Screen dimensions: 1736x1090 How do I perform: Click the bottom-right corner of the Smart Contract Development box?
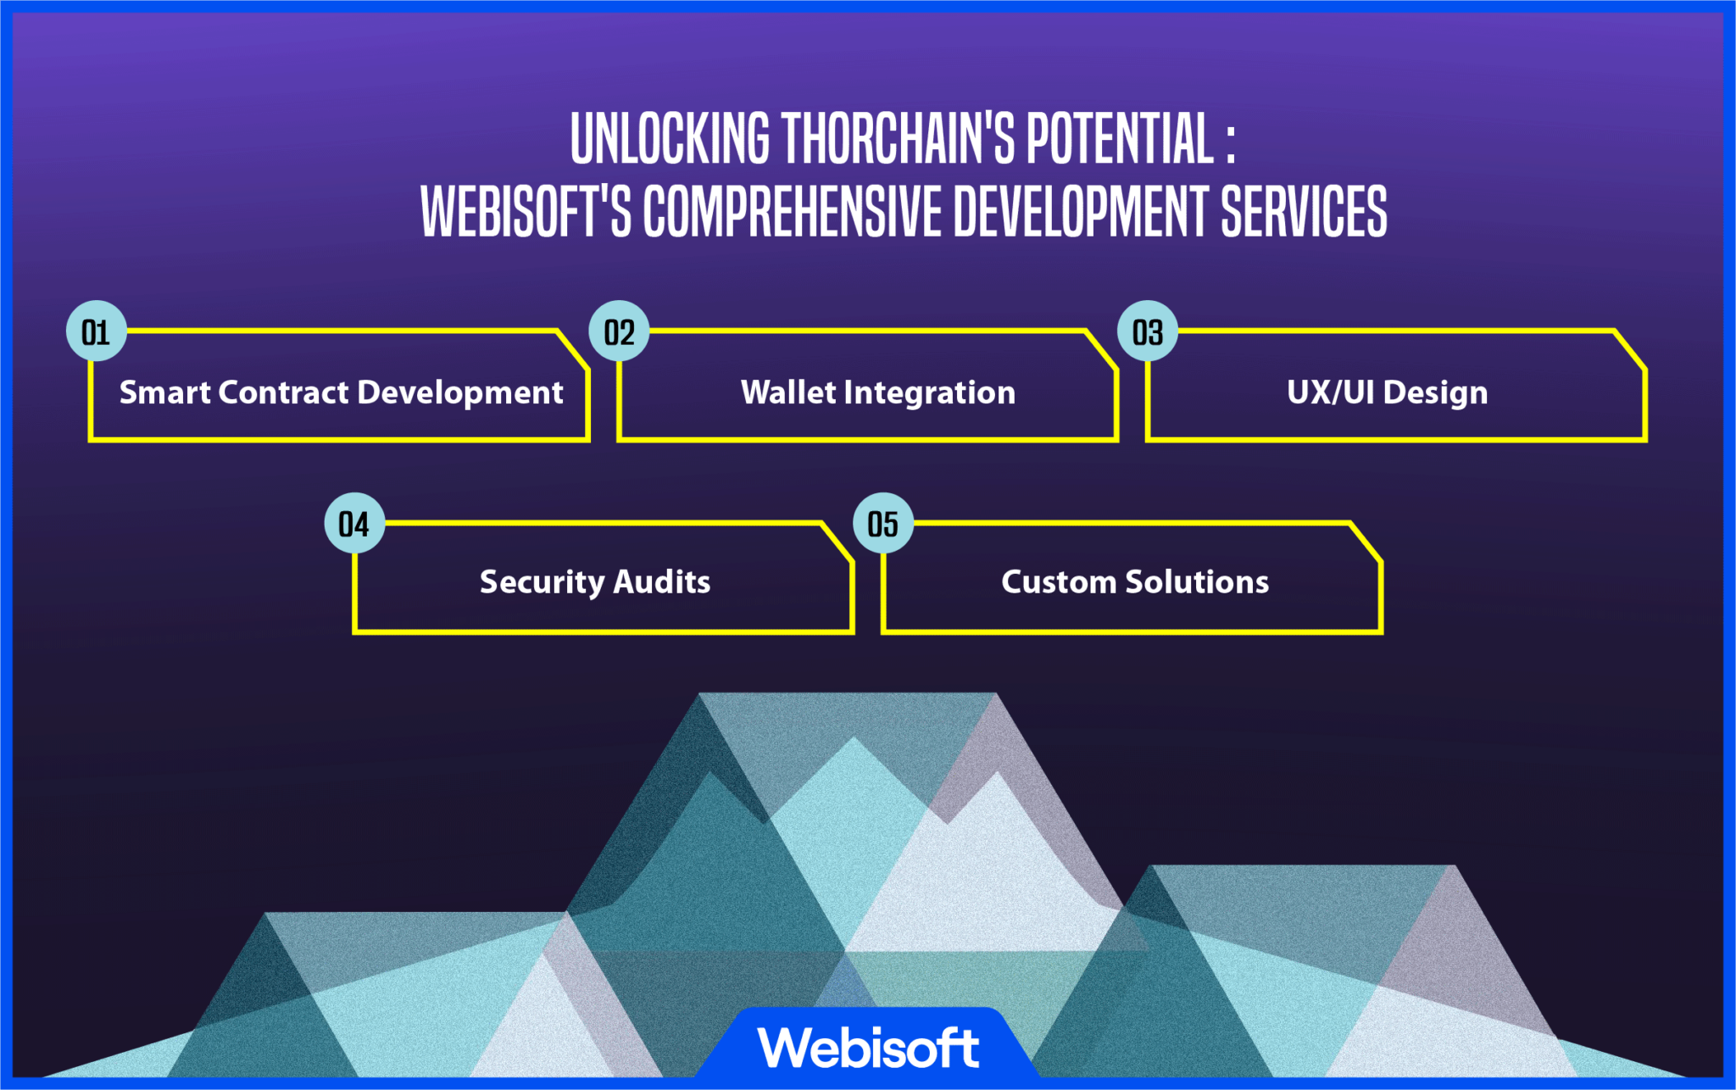pos(588,439)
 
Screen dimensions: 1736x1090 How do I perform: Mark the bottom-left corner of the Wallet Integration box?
pos(620,439)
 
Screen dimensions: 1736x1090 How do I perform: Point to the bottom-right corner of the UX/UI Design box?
pos(1644,439)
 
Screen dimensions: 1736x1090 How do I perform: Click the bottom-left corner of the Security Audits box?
pos(355,631)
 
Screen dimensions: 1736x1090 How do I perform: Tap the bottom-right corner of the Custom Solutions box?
pos(1381,631)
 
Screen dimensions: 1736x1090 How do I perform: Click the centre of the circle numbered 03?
pos(1148,331)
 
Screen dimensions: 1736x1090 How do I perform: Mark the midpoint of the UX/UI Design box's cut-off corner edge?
pos(1629,349)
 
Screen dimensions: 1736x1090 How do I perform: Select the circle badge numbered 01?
pos(97,331)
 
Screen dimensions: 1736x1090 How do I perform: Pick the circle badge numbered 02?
pos(620,331)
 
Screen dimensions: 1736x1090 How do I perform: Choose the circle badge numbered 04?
pos(355,523)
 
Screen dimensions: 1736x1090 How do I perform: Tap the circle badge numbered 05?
pos(883,523)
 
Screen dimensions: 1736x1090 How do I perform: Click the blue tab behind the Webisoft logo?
pos(868,1043)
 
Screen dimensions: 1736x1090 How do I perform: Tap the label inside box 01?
pos(341,393)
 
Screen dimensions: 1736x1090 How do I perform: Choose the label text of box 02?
pos(878,393)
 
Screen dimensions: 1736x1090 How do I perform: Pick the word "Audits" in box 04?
pos(661,582)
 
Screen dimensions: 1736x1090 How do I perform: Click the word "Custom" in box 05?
pos(1059,582)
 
